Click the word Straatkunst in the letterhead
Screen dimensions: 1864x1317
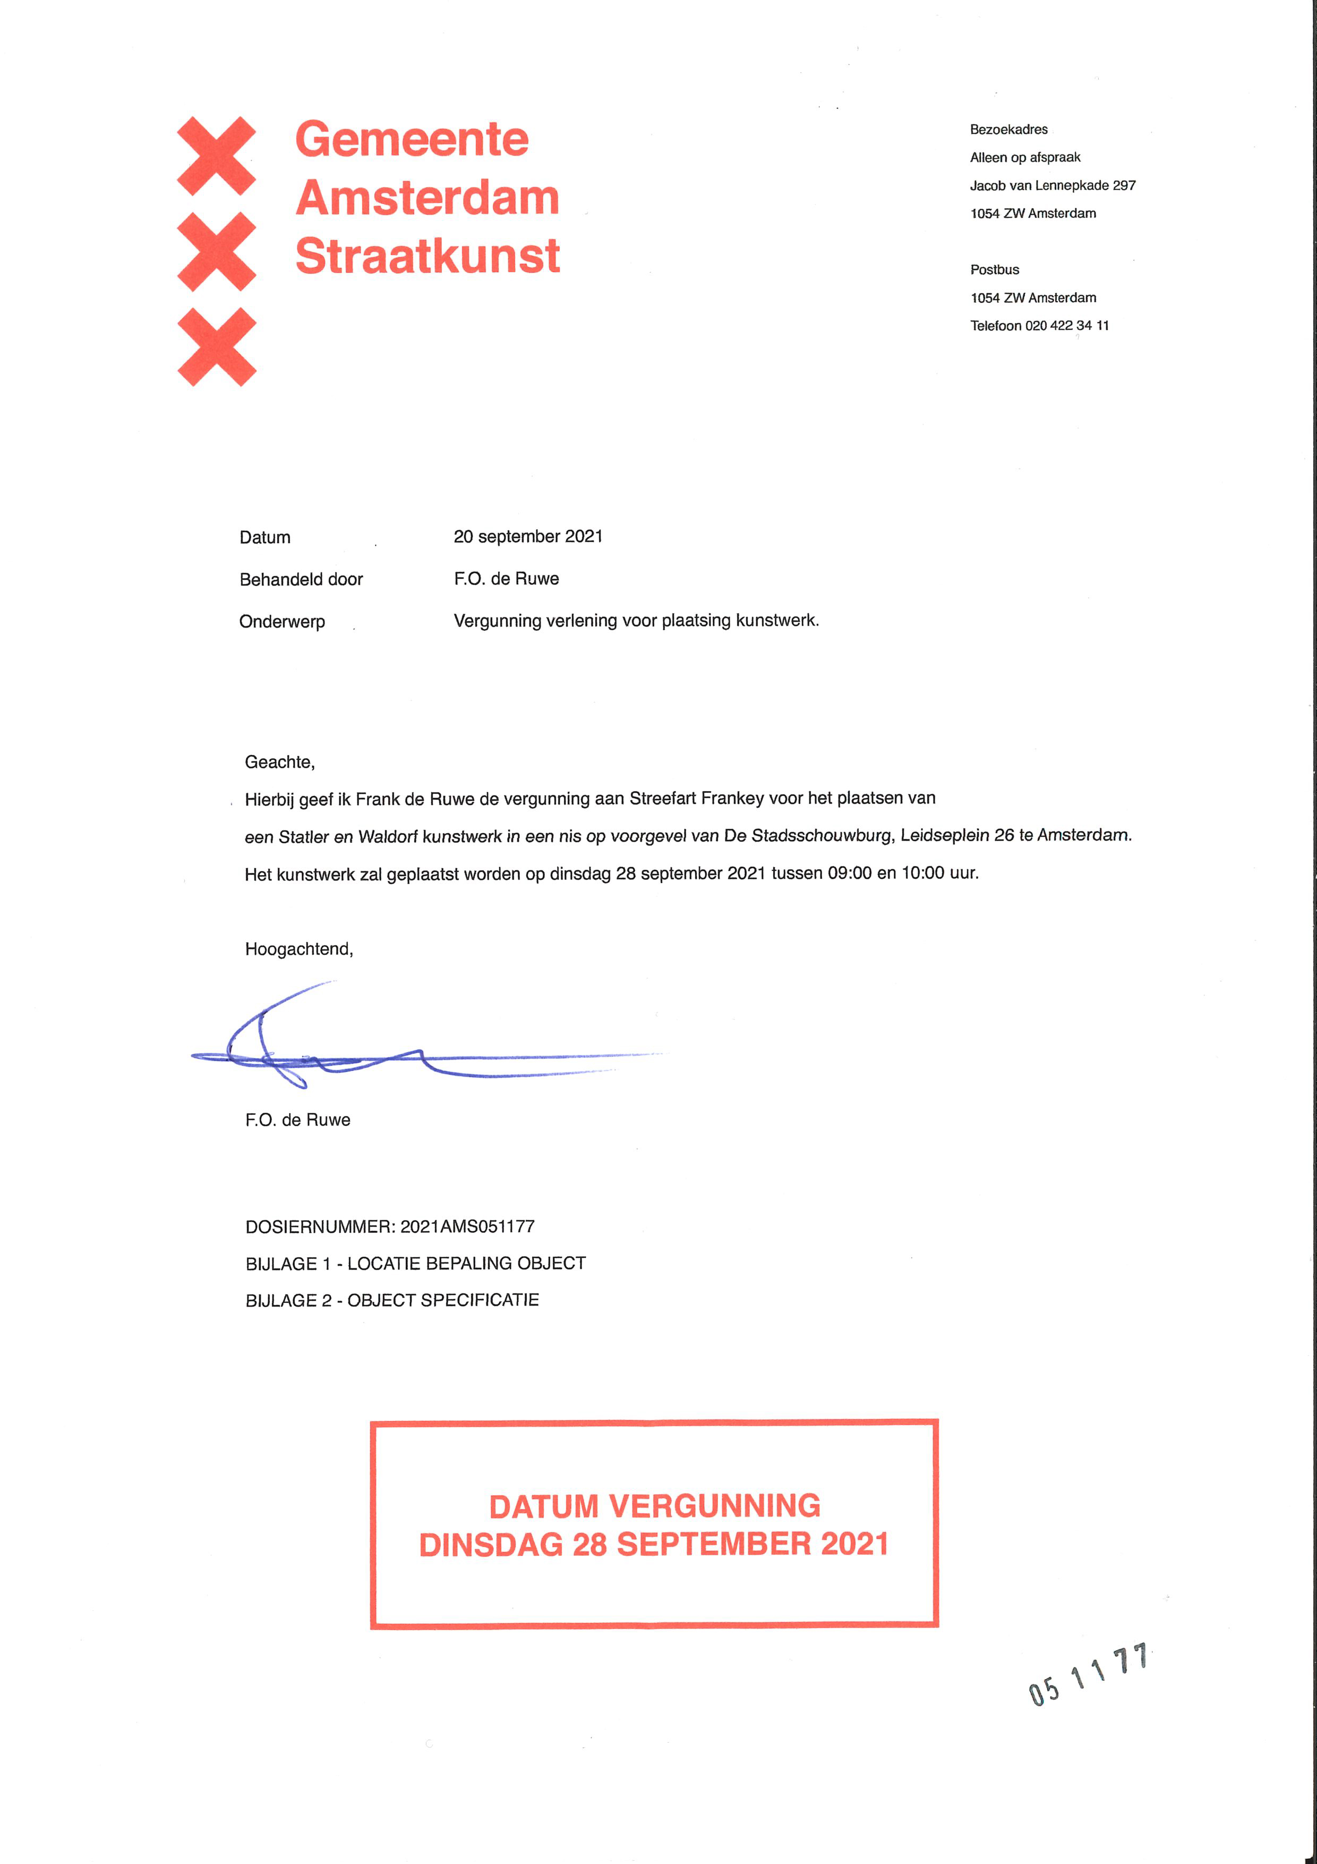click(x=427, y=257)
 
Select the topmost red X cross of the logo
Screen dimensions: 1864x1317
click(x=217, y=156)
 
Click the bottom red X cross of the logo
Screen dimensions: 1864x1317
click(x=217, y=346)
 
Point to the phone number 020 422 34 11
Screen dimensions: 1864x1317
click(x=1066, y=326)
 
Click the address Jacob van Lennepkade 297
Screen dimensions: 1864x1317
click(x=1053, y=185)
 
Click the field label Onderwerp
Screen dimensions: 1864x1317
click(x=281, y=622)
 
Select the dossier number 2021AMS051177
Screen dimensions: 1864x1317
click(x=467, y=1227)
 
